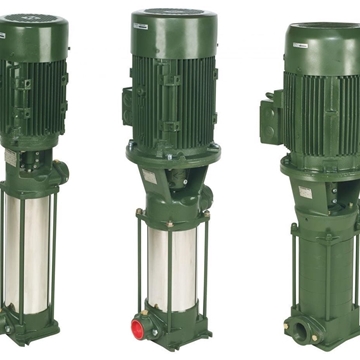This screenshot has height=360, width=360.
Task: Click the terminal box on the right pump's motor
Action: [271, 119]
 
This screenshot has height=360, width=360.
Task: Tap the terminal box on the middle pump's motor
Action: [129, 105]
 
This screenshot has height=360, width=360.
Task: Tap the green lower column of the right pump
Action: [320, 270]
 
